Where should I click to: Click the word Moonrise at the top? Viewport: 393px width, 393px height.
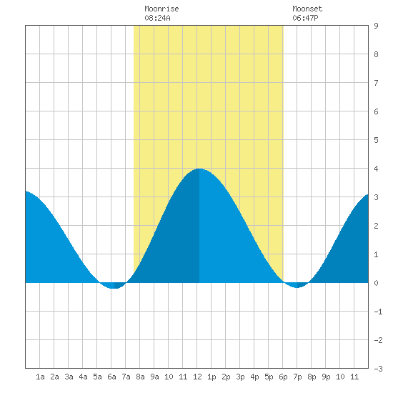pos(161,9)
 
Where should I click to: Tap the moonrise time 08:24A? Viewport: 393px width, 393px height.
pos(157,18)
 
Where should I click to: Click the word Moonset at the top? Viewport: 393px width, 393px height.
pos(307,9)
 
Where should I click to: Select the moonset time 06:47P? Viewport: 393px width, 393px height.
pos(305,18)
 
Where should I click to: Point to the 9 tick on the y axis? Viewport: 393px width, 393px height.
pos(376,26)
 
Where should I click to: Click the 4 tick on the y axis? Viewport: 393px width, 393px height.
pos(376,169)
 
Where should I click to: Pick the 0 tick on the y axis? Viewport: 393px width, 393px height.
pos(376,283)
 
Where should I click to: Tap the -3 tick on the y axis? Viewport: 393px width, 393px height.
pos(378,369)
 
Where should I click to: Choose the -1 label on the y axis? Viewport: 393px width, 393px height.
pos(378,312)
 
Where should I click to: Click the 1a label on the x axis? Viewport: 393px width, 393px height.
pos(40,377)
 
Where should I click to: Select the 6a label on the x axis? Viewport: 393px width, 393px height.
pos(111,377)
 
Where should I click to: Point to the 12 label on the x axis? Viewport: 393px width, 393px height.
pos(197,377)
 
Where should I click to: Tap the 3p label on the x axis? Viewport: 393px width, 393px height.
pos(240,377)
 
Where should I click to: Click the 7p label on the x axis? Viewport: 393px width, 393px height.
pos(297,377)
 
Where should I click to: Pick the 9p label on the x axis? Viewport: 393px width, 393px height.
pos(326,377)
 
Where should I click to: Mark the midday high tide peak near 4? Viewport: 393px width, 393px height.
pos(199,169)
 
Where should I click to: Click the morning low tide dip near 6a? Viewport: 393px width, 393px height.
pos(114,288)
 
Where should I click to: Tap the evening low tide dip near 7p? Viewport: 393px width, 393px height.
pos(297,287)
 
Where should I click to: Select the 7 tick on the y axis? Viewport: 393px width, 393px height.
pos(376,83)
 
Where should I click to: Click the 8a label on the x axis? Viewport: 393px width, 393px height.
pos(140,377)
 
